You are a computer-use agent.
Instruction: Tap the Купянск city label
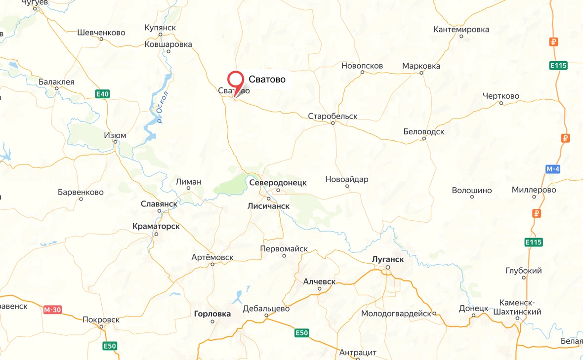[x=160, y=28]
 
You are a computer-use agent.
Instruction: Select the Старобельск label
[x=333, y=117]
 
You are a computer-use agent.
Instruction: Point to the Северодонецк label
[x=278, y=183]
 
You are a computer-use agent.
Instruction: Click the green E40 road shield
[x=102, y=94]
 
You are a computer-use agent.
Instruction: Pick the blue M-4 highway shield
[x=553, y=169]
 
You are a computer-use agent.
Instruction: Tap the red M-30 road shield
[x=52, y=310]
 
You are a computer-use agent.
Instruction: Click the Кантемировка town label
[x=461, y=30]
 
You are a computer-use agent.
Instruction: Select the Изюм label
[x=115, y=135]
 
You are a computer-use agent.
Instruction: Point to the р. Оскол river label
[x=163, y=107]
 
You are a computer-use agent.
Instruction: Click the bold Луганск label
[x=388, y=259]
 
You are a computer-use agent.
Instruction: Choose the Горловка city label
[x=212, y=314]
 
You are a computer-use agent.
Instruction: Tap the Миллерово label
[x=534, y=190]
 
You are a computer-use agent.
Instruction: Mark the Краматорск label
[x=156, y=226]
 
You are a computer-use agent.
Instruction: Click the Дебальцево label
[x=266, y=309]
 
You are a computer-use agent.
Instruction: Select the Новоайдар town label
[x=347, y=179]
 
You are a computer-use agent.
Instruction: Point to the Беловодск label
[x=423, y=132]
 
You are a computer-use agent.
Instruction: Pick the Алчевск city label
[x=319, y=281]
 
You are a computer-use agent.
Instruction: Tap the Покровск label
[x=101, y=320]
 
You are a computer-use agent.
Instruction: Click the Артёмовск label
[x=212, y=257]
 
